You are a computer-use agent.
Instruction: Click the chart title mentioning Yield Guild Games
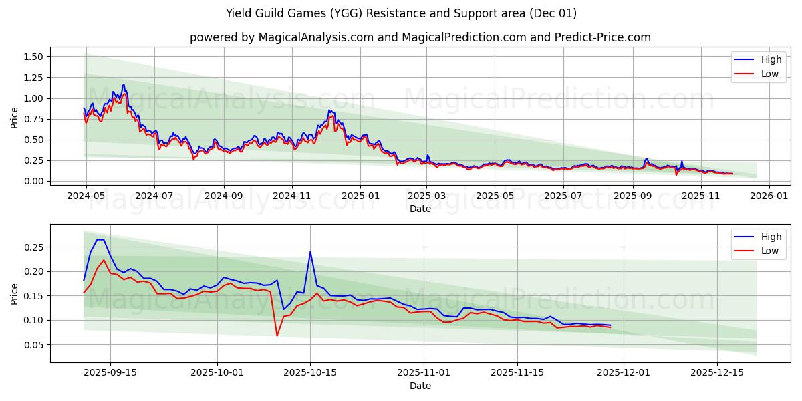tap(401, 13)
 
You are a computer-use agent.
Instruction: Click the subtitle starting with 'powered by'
tap(420, 37)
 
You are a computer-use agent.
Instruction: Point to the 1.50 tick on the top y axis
tap(33, 57)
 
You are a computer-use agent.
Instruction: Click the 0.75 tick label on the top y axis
tap(33, 119)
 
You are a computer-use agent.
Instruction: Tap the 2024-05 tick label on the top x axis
tap(86, 196)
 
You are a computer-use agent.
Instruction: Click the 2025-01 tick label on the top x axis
tap(360, 196)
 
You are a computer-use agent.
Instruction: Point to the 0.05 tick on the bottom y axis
tap(33, 345)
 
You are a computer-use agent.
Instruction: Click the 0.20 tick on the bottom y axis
tap(33, 271)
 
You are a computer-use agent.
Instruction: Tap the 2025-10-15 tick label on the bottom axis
tap(310, 373)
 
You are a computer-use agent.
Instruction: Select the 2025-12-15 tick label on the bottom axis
tap(716, 373)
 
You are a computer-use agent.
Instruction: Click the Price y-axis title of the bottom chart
tap(15, 293)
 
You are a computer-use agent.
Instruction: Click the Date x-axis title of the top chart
tap(420, 209)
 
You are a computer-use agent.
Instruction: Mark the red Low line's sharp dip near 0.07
tap(277, 336)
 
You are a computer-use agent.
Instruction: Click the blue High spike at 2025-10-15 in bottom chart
tap(310, 252)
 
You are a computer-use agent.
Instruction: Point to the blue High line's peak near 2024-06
tap(123, 85)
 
